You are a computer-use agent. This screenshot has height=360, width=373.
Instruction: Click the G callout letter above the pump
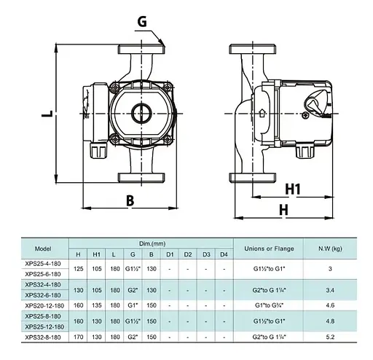point(142,22)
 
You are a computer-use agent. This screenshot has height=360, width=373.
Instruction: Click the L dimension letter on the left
point(47,114)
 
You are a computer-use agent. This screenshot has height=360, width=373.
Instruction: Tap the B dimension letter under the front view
point(130,201)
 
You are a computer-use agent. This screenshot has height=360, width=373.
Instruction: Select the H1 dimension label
point(293,189)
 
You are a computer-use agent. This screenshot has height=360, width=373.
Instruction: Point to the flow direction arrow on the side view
point(262,113)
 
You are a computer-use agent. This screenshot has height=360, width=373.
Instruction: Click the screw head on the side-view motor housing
point(305,116)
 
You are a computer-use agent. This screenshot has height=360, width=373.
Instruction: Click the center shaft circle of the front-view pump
point(141,113)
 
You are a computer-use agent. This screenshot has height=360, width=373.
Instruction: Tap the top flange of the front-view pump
point(141,49)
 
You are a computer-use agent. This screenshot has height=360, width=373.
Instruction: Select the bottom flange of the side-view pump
point(253,178)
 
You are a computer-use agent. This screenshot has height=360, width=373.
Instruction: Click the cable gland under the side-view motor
point(305,151)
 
